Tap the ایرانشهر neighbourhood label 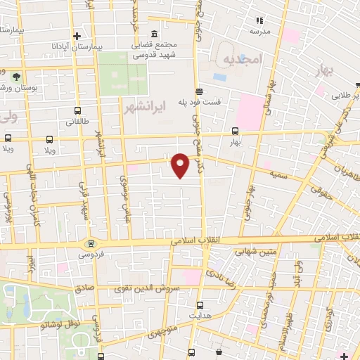pos(144,109)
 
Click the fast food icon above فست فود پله pos(200,91)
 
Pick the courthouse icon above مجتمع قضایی pos(154,33)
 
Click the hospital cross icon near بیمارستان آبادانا pos(77,36)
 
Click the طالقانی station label pos(77,121)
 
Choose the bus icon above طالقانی pos(77,110)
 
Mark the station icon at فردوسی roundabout pos(89,243)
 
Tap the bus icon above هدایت pos(201,305)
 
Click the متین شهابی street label pos(259,250)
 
